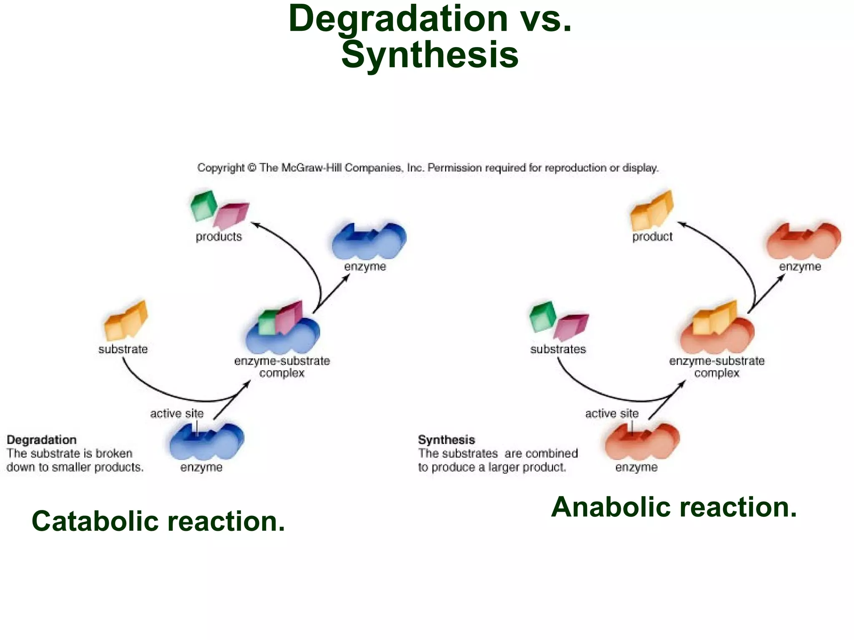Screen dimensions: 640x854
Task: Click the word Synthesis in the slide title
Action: coord(430,55)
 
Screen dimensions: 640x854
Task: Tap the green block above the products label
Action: coord(203,205)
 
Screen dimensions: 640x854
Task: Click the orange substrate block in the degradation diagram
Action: coord(126,320)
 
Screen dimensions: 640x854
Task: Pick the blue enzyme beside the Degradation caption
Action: coord(206,442)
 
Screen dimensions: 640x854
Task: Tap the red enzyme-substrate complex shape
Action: coord(717,335)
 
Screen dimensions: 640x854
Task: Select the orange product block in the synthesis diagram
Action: coord(652,211)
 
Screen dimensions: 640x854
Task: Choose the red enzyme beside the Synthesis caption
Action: coord(642,442)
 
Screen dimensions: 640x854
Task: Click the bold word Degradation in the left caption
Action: coord(42,440)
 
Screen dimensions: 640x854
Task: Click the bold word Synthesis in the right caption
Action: coord(446,440)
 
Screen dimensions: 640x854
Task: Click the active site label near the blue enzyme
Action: coord(177,413)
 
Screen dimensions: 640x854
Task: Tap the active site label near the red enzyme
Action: coord(612,413)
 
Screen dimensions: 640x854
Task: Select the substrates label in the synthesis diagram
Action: coord(558,349)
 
